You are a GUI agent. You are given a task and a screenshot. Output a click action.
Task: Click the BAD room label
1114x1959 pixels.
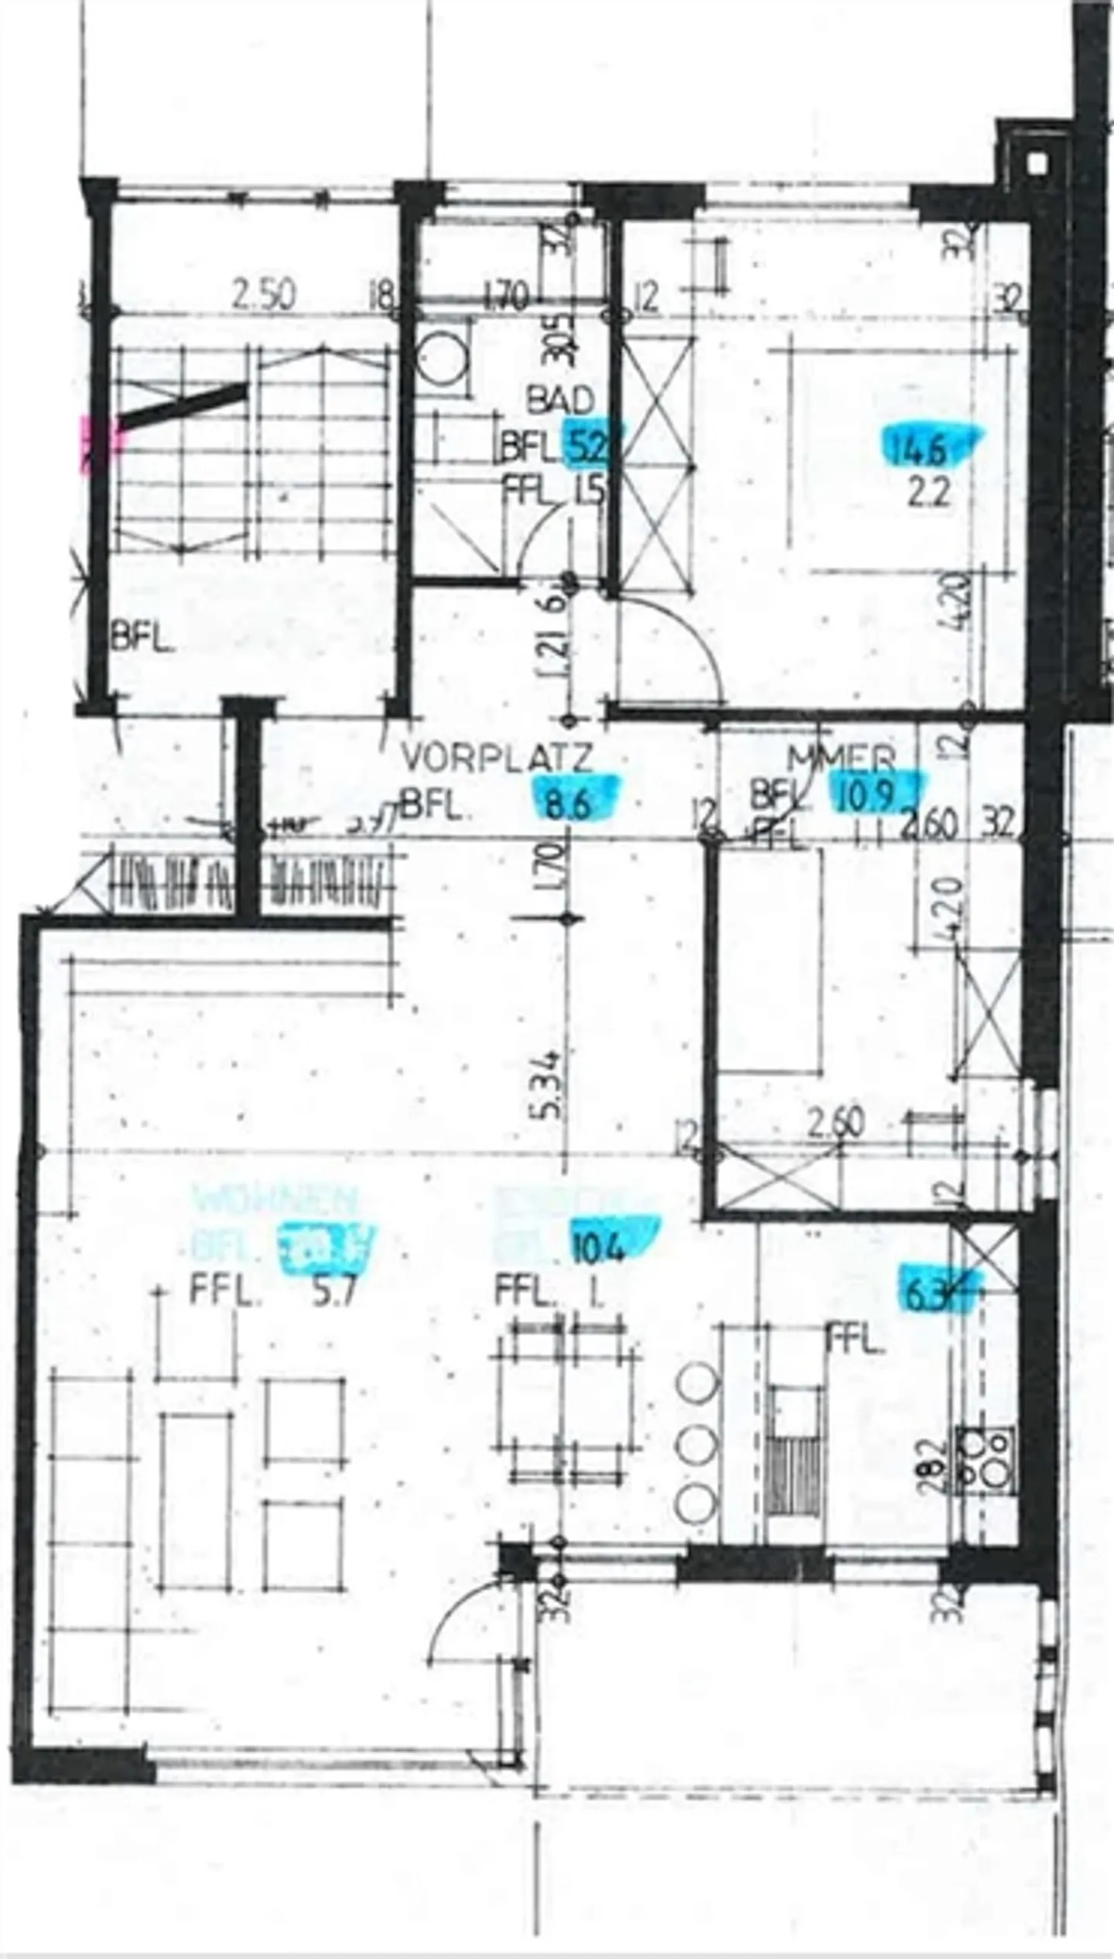point(560,400)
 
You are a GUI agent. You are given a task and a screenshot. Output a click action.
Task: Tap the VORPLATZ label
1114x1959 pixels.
point(497,759)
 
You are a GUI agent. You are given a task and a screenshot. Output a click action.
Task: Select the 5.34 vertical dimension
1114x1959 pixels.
point(547,1084)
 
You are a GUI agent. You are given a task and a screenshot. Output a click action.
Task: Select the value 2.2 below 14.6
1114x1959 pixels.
point(929,492)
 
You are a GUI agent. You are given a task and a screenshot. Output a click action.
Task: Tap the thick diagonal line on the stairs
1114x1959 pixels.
point(183,403)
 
